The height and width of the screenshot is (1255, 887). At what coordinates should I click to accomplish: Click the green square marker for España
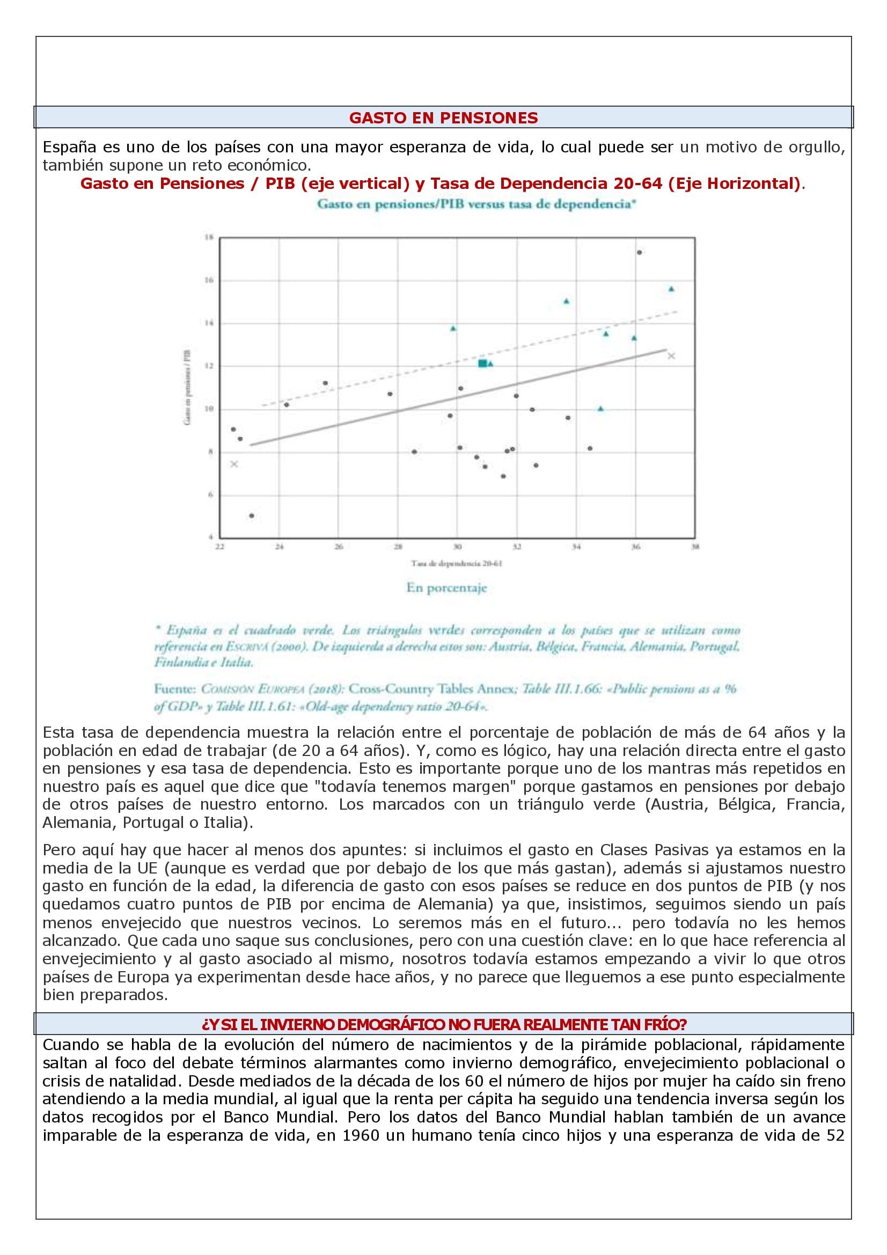tap(482, 363)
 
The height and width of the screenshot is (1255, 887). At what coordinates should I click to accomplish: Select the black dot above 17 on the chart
tap(639, 252)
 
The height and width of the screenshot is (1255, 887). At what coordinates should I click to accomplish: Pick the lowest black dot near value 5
tap(252, 516)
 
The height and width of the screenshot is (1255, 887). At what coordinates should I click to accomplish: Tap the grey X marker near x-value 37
tap(672, 356)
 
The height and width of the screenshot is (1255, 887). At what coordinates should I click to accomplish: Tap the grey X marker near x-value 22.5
tap(234, 464)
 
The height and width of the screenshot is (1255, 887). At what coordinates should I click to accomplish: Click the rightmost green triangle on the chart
tap(671, 289)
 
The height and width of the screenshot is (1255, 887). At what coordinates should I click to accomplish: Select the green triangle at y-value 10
tap(600, 408)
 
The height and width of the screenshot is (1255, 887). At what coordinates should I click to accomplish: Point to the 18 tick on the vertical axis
tap(208, 237)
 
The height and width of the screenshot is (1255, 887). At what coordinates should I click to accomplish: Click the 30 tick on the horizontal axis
tap(457, 546)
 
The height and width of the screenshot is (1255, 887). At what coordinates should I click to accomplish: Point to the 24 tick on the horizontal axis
tap(279, 546)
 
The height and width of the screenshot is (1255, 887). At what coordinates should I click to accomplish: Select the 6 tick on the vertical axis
tap(209, 495)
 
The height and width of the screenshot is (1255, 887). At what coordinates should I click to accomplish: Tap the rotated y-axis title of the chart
tap(187, 387)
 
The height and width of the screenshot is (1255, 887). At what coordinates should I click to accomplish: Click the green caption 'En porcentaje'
tap(446, 588)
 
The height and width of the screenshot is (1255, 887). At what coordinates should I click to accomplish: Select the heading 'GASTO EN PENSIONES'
tap(443, 118)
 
